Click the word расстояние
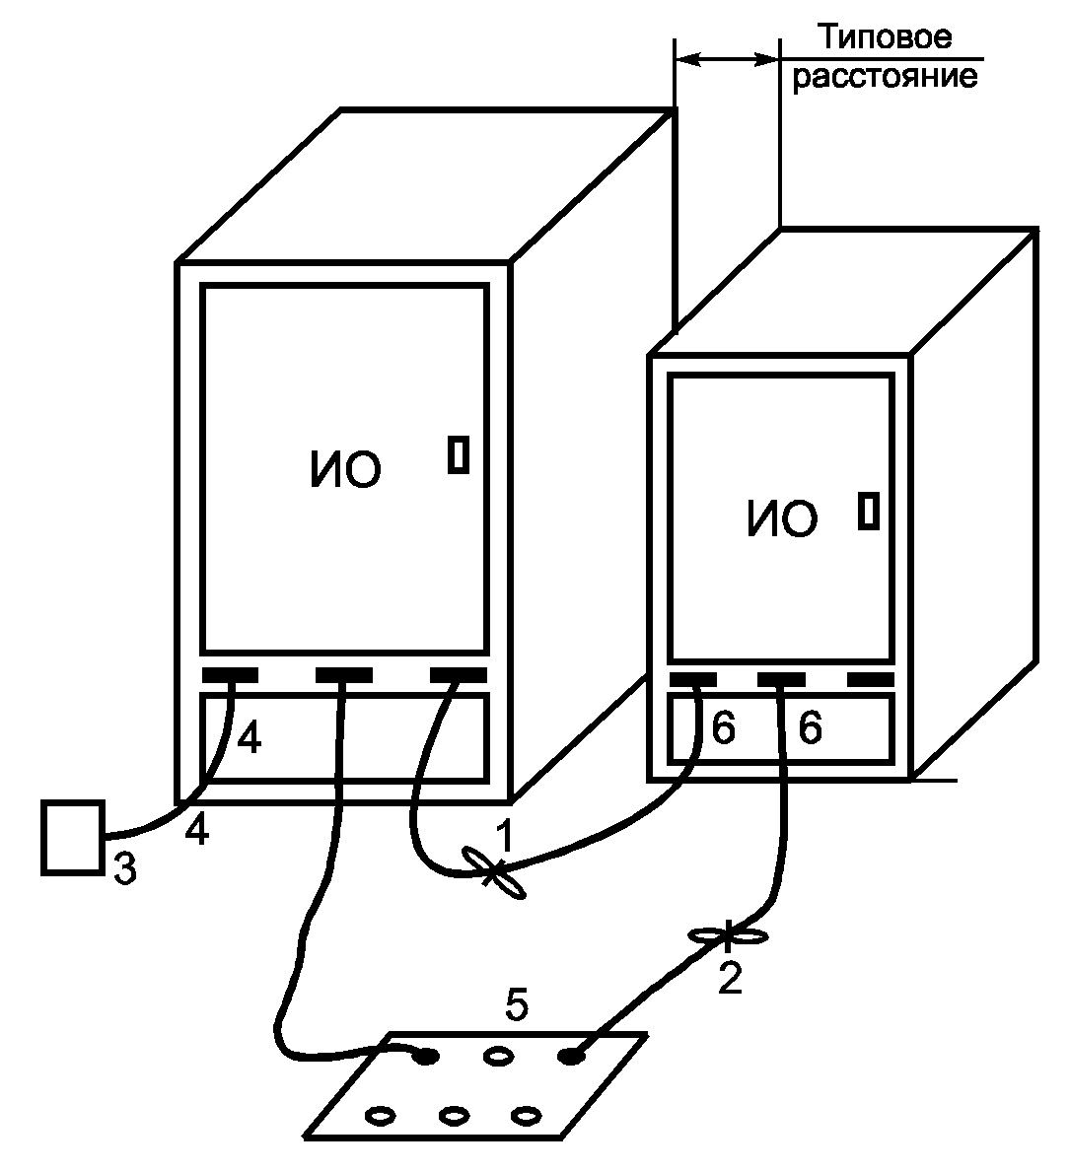pos(886,77)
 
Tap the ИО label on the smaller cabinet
pos(782,518)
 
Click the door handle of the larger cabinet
pos(458,454)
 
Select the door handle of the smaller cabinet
pos(868,511)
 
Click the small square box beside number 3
pos(73,837)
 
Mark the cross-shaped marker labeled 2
pos(727,933)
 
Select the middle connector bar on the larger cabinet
pos(343,675)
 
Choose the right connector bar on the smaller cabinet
pos(870,680)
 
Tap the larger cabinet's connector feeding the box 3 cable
pos(231,675)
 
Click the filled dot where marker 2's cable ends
pos(570,1057)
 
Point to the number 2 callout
pos(729,979)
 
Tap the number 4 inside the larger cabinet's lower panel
pos(250,739)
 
